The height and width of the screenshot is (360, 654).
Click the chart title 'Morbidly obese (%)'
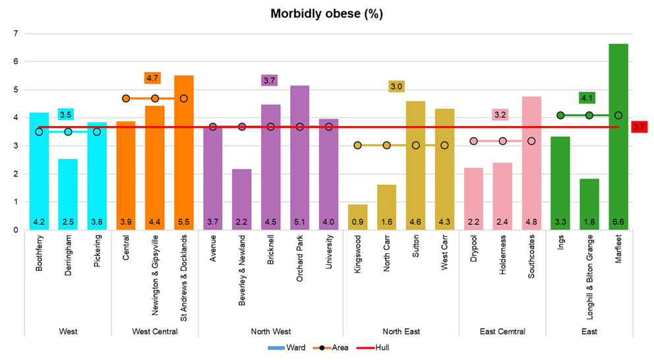(x=327, y=14)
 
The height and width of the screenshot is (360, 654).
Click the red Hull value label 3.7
(x=639, y=127)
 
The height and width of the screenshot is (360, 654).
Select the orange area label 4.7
(x=153, y=78)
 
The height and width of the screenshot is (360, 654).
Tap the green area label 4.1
(x=587, y=98)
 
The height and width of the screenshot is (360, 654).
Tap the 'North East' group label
(x=401, y=332)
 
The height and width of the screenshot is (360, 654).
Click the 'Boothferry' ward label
(x=39, y=250)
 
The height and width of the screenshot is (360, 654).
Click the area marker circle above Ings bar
(x=560, y=115)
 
